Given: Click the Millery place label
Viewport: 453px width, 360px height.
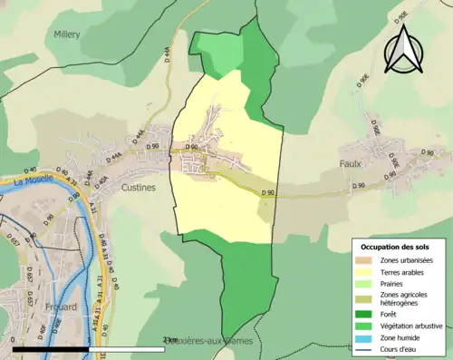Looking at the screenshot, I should click(x=66, y=34).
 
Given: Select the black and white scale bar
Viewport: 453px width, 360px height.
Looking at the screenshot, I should click(x=91, y=348).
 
